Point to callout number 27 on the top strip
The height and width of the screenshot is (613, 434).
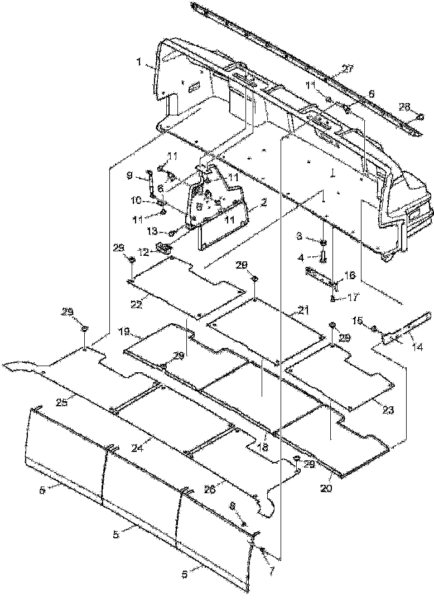click(348, 70)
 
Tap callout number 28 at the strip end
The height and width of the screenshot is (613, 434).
click(405, 106)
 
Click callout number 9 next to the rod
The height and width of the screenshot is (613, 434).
click(130, 176)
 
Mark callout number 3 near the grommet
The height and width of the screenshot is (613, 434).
click(315, 237)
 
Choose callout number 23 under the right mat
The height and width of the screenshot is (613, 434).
click(388, 410)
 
